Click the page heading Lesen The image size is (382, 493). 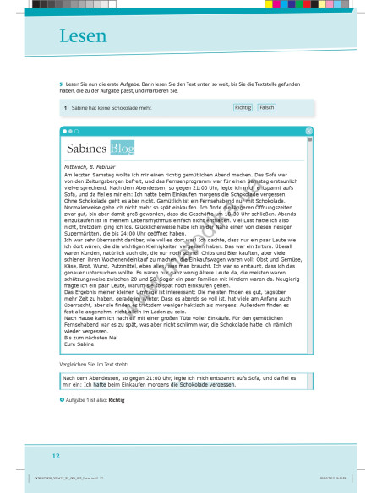click(x=83, y=35)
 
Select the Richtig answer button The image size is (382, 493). click(x=243, y=108)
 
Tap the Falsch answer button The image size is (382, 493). click(x=266, y=108)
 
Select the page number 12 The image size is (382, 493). click(x=56, y=456)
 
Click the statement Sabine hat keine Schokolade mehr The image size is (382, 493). click(x=111, y=108)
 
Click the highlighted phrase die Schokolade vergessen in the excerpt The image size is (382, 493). click(x=202, y=384)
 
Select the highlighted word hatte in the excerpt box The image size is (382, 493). click(x=99, y=384)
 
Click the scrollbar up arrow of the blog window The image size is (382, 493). click(x=309, y=140)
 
